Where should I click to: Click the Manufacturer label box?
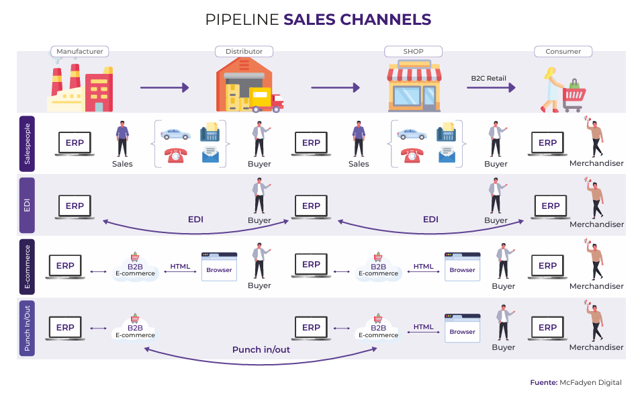coord(80,52)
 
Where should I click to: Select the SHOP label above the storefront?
coord(413,52)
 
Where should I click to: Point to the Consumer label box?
coord(563,52)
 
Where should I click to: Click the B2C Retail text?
coord(488,79)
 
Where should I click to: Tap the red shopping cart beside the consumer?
coord(574,97)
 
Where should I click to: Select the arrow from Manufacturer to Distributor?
coord(164,87)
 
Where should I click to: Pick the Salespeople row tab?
coord(27,143)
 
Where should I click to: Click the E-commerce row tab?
coord(27,267)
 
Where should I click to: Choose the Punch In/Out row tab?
coord(27,328)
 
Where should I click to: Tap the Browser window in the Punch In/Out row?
coord(462,328)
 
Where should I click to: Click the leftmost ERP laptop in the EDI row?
coord(75,206)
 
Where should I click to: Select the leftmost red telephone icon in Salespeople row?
coord(175,155)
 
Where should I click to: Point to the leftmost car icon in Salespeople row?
coord(175,132)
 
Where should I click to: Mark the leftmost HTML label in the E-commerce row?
coord(180,267)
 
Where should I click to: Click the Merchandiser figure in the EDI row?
coord(595,200)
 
